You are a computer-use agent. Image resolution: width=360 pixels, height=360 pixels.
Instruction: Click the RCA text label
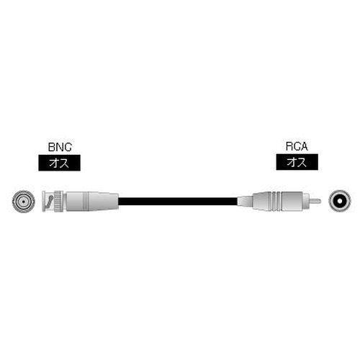297,147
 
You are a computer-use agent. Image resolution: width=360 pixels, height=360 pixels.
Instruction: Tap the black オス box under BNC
59,163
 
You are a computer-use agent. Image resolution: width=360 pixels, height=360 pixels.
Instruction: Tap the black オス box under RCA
297,163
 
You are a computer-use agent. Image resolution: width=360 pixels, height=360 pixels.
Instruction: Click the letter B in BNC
51,147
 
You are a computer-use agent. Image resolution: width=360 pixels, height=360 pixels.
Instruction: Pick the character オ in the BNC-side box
54,163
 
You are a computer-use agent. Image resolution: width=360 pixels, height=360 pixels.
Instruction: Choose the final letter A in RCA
305,147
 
